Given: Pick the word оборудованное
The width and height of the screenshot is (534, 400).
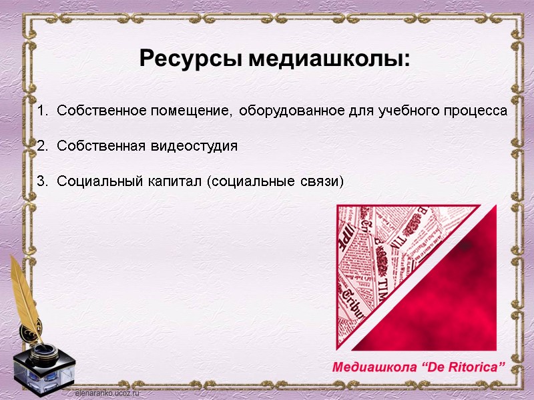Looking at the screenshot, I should (x=292, y=111).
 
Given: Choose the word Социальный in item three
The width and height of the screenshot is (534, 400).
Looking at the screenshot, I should (x=98, y=181).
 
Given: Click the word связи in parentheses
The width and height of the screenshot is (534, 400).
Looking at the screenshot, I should (x=323, y=181).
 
